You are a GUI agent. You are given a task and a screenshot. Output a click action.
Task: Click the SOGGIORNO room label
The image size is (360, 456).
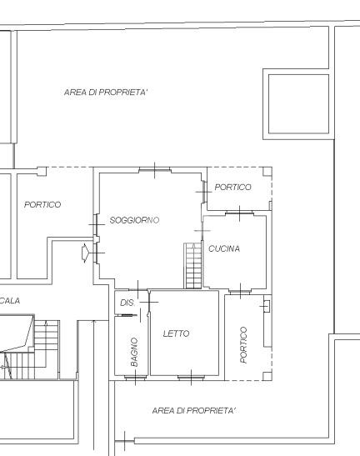[134, 220]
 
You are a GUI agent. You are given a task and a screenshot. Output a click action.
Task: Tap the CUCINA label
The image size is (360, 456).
[224, 248]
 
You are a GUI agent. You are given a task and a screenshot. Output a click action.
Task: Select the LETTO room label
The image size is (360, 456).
[176, 333]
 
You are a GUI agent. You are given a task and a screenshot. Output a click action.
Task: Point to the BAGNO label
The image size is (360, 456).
[134, 352]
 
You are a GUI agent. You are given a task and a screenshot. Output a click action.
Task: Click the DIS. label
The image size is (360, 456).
[127, 303]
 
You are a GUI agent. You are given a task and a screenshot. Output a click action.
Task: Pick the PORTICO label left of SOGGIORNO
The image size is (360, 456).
[42, 204]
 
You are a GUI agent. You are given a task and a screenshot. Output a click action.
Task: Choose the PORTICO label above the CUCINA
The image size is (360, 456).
[232, 187]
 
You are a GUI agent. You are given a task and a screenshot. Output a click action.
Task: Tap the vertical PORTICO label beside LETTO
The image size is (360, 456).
[243, 345]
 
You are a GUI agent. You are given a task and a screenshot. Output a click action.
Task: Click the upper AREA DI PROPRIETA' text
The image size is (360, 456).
[106, 93]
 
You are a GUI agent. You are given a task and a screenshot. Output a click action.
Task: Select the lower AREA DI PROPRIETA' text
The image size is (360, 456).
[193, 410]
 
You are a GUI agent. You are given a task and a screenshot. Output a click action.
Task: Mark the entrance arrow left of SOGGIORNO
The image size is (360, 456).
[85, 253]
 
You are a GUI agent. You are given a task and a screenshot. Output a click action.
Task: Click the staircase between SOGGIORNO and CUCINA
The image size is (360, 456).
[192, 266]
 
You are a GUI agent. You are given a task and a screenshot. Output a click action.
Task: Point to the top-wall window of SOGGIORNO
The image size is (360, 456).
[154, 169]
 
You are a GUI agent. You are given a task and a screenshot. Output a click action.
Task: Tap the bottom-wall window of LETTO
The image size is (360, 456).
[191, 378]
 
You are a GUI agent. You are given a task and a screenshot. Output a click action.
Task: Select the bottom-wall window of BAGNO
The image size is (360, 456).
[136, 378]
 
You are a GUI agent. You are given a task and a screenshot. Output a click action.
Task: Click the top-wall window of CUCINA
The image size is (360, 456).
[240, 213]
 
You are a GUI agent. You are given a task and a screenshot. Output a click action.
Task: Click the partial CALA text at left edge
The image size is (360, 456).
[10, 300]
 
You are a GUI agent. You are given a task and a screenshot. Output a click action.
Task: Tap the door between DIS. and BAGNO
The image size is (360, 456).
[129, 315]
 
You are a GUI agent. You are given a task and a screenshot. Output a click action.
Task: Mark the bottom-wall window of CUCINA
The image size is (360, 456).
[240, 291]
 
